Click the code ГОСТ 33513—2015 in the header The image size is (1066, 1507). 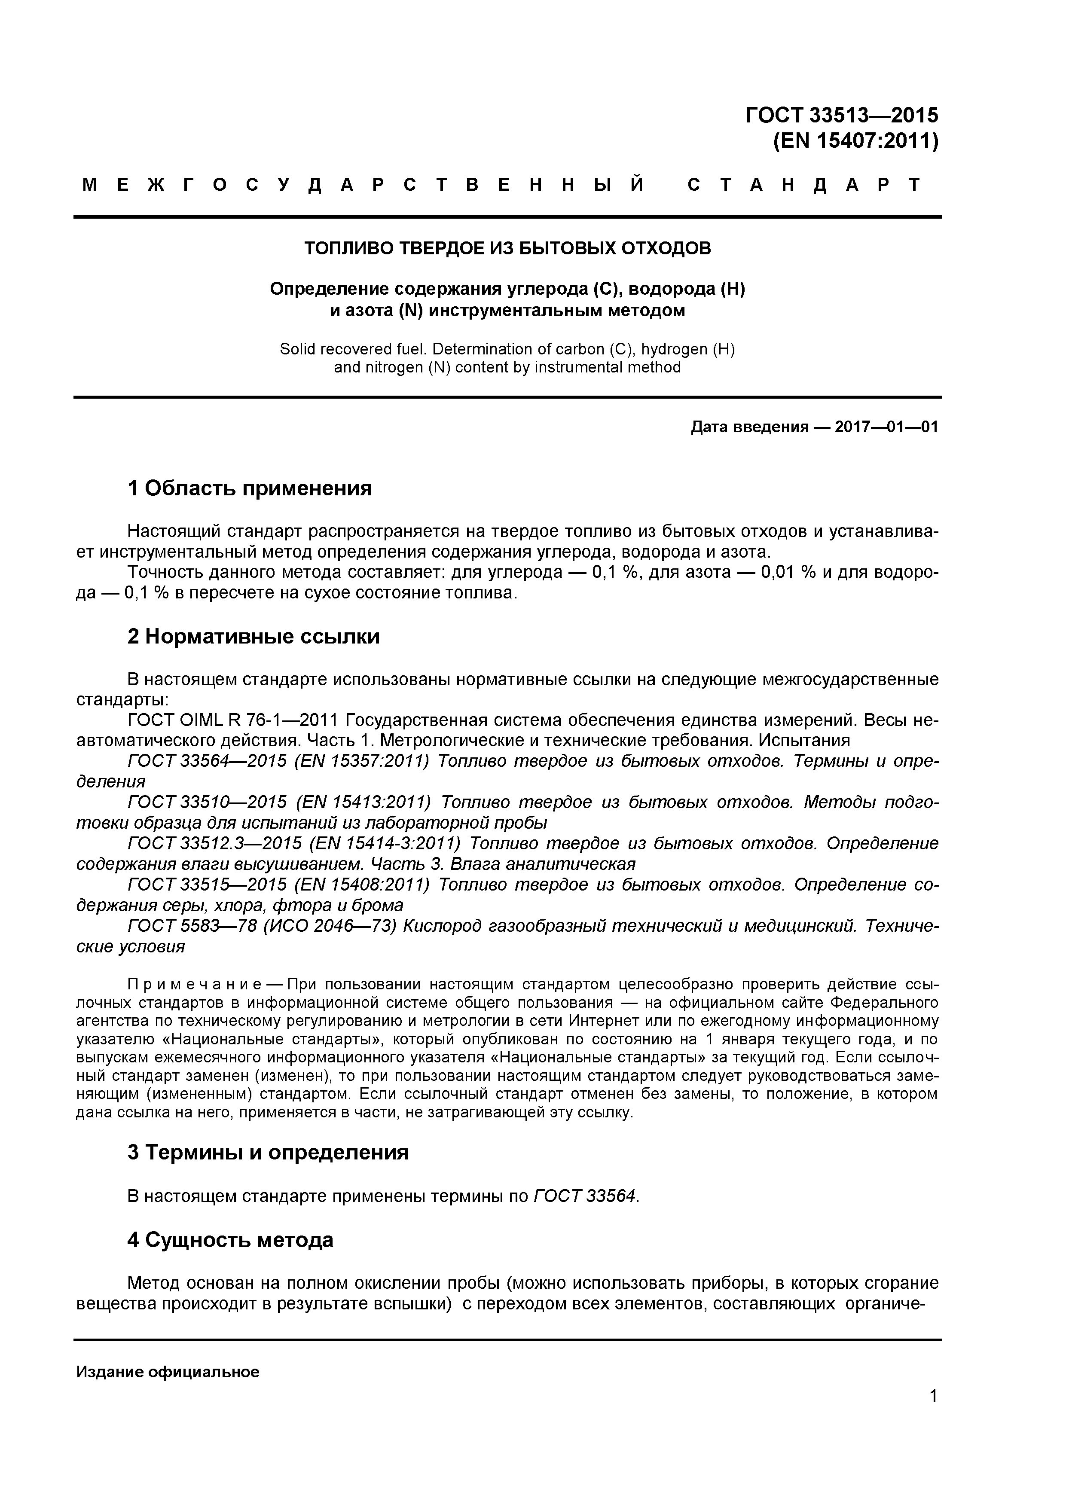tap(842, 116)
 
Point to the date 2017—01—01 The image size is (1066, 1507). tap(886, 427)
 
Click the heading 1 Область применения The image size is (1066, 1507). tap(250, 488)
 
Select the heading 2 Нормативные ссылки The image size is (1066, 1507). tap(254, 637)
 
